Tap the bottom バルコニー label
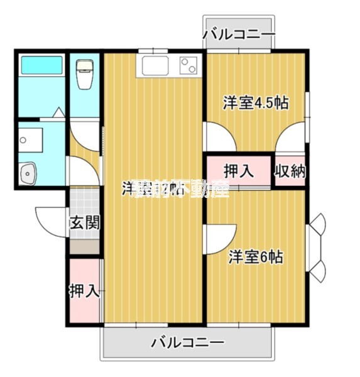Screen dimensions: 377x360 pos(187,343)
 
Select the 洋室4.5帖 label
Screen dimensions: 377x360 pos(256,103)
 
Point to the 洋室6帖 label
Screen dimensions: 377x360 pos(255,256)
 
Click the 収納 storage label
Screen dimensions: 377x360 pos(290,170)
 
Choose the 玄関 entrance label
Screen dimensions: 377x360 pos(84,222)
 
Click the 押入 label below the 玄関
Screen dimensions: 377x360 pos(84,290)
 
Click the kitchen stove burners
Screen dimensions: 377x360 pos(188,65)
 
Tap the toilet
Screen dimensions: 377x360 pos(84,75)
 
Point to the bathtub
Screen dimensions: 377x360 pos(41,65)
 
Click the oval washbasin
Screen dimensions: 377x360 pos(28,173)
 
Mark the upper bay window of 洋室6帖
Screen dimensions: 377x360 pos(317,224)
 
